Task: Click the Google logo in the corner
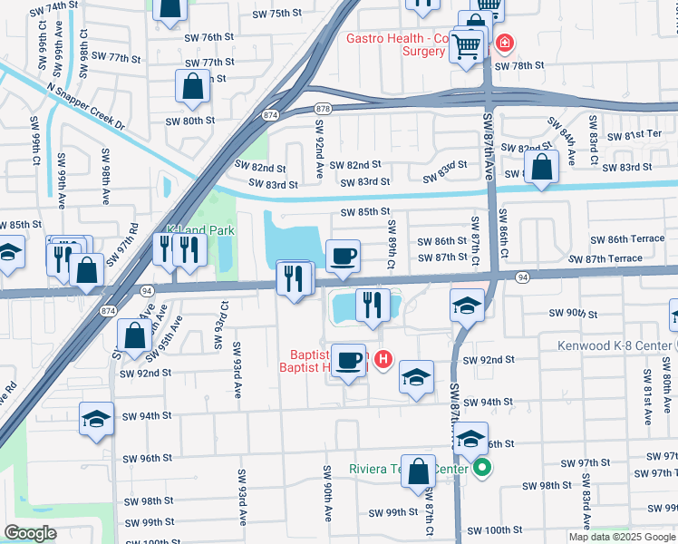tap(31, 533)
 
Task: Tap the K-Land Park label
tap(200, 231)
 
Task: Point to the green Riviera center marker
tap(482, 469)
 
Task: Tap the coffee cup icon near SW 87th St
tap(342, 257)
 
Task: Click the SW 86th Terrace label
tap(627, 239)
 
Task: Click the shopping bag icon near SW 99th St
tap(418, 471)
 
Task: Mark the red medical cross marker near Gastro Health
tap(504, 42)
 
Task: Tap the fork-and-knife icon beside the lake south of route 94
tap(370, 305)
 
